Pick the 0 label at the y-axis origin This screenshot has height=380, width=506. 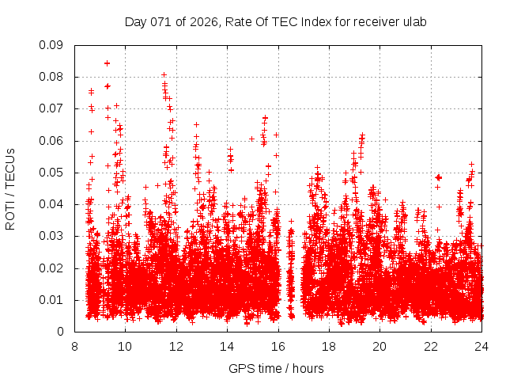click(60, 332)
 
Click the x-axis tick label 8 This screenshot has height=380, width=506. click(74, 346)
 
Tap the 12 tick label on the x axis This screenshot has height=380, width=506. click(176, 346)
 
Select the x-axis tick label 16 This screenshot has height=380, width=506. click(278, 346)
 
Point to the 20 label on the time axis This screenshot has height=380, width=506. click(380, 346)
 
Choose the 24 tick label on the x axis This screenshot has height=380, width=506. click(482, 346)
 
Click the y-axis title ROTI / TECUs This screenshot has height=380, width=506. click(10, 188)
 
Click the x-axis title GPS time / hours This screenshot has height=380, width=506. click(276, 368)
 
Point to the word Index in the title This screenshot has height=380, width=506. click(310, 21)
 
